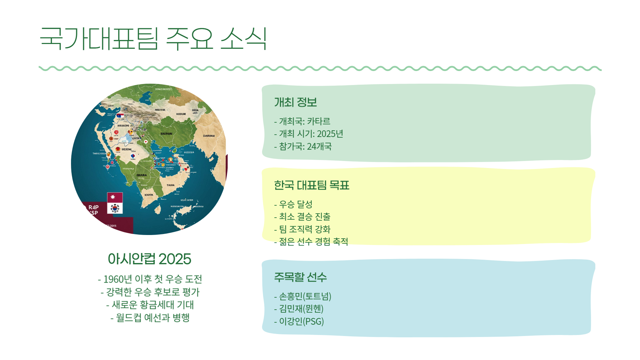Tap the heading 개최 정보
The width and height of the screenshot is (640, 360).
295,102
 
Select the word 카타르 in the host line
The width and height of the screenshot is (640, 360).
318,121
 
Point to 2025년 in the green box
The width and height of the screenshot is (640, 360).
330,134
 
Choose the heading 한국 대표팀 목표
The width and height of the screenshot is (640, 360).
311,185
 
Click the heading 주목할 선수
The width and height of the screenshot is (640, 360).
300,277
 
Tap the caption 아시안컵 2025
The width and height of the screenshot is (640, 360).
149,259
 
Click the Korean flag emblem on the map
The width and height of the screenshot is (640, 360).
115,208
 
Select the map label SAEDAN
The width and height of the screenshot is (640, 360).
166,134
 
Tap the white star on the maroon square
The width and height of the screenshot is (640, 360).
113,197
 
